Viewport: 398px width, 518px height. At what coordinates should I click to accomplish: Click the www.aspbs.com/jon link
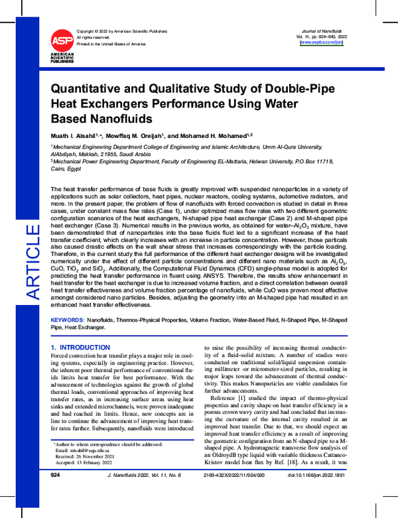tap(322, 42)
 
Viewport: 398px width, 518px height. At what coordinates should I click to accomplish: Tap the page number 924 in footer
tap(56, 495)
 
